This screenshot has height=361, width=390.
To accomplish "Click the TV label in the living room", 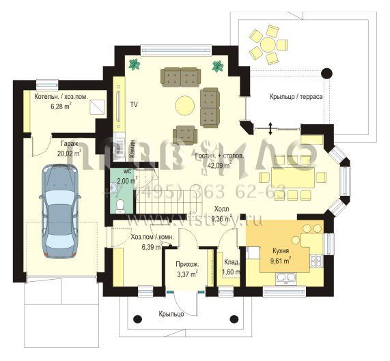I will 135,105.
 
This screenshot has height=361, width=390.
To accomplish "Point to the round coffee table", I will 184,105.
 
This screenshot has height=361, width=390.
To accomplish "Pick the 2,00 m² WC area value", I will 127,182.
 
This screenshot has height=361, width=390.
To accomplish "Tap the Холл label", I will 221,210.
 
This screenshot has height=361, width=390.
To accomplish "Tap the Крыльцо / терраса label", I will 296,97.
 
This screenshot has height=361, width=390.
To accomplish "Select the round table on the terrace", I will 263,44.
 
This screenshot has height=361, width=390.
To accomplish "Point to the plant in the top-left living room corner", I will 133,64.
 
